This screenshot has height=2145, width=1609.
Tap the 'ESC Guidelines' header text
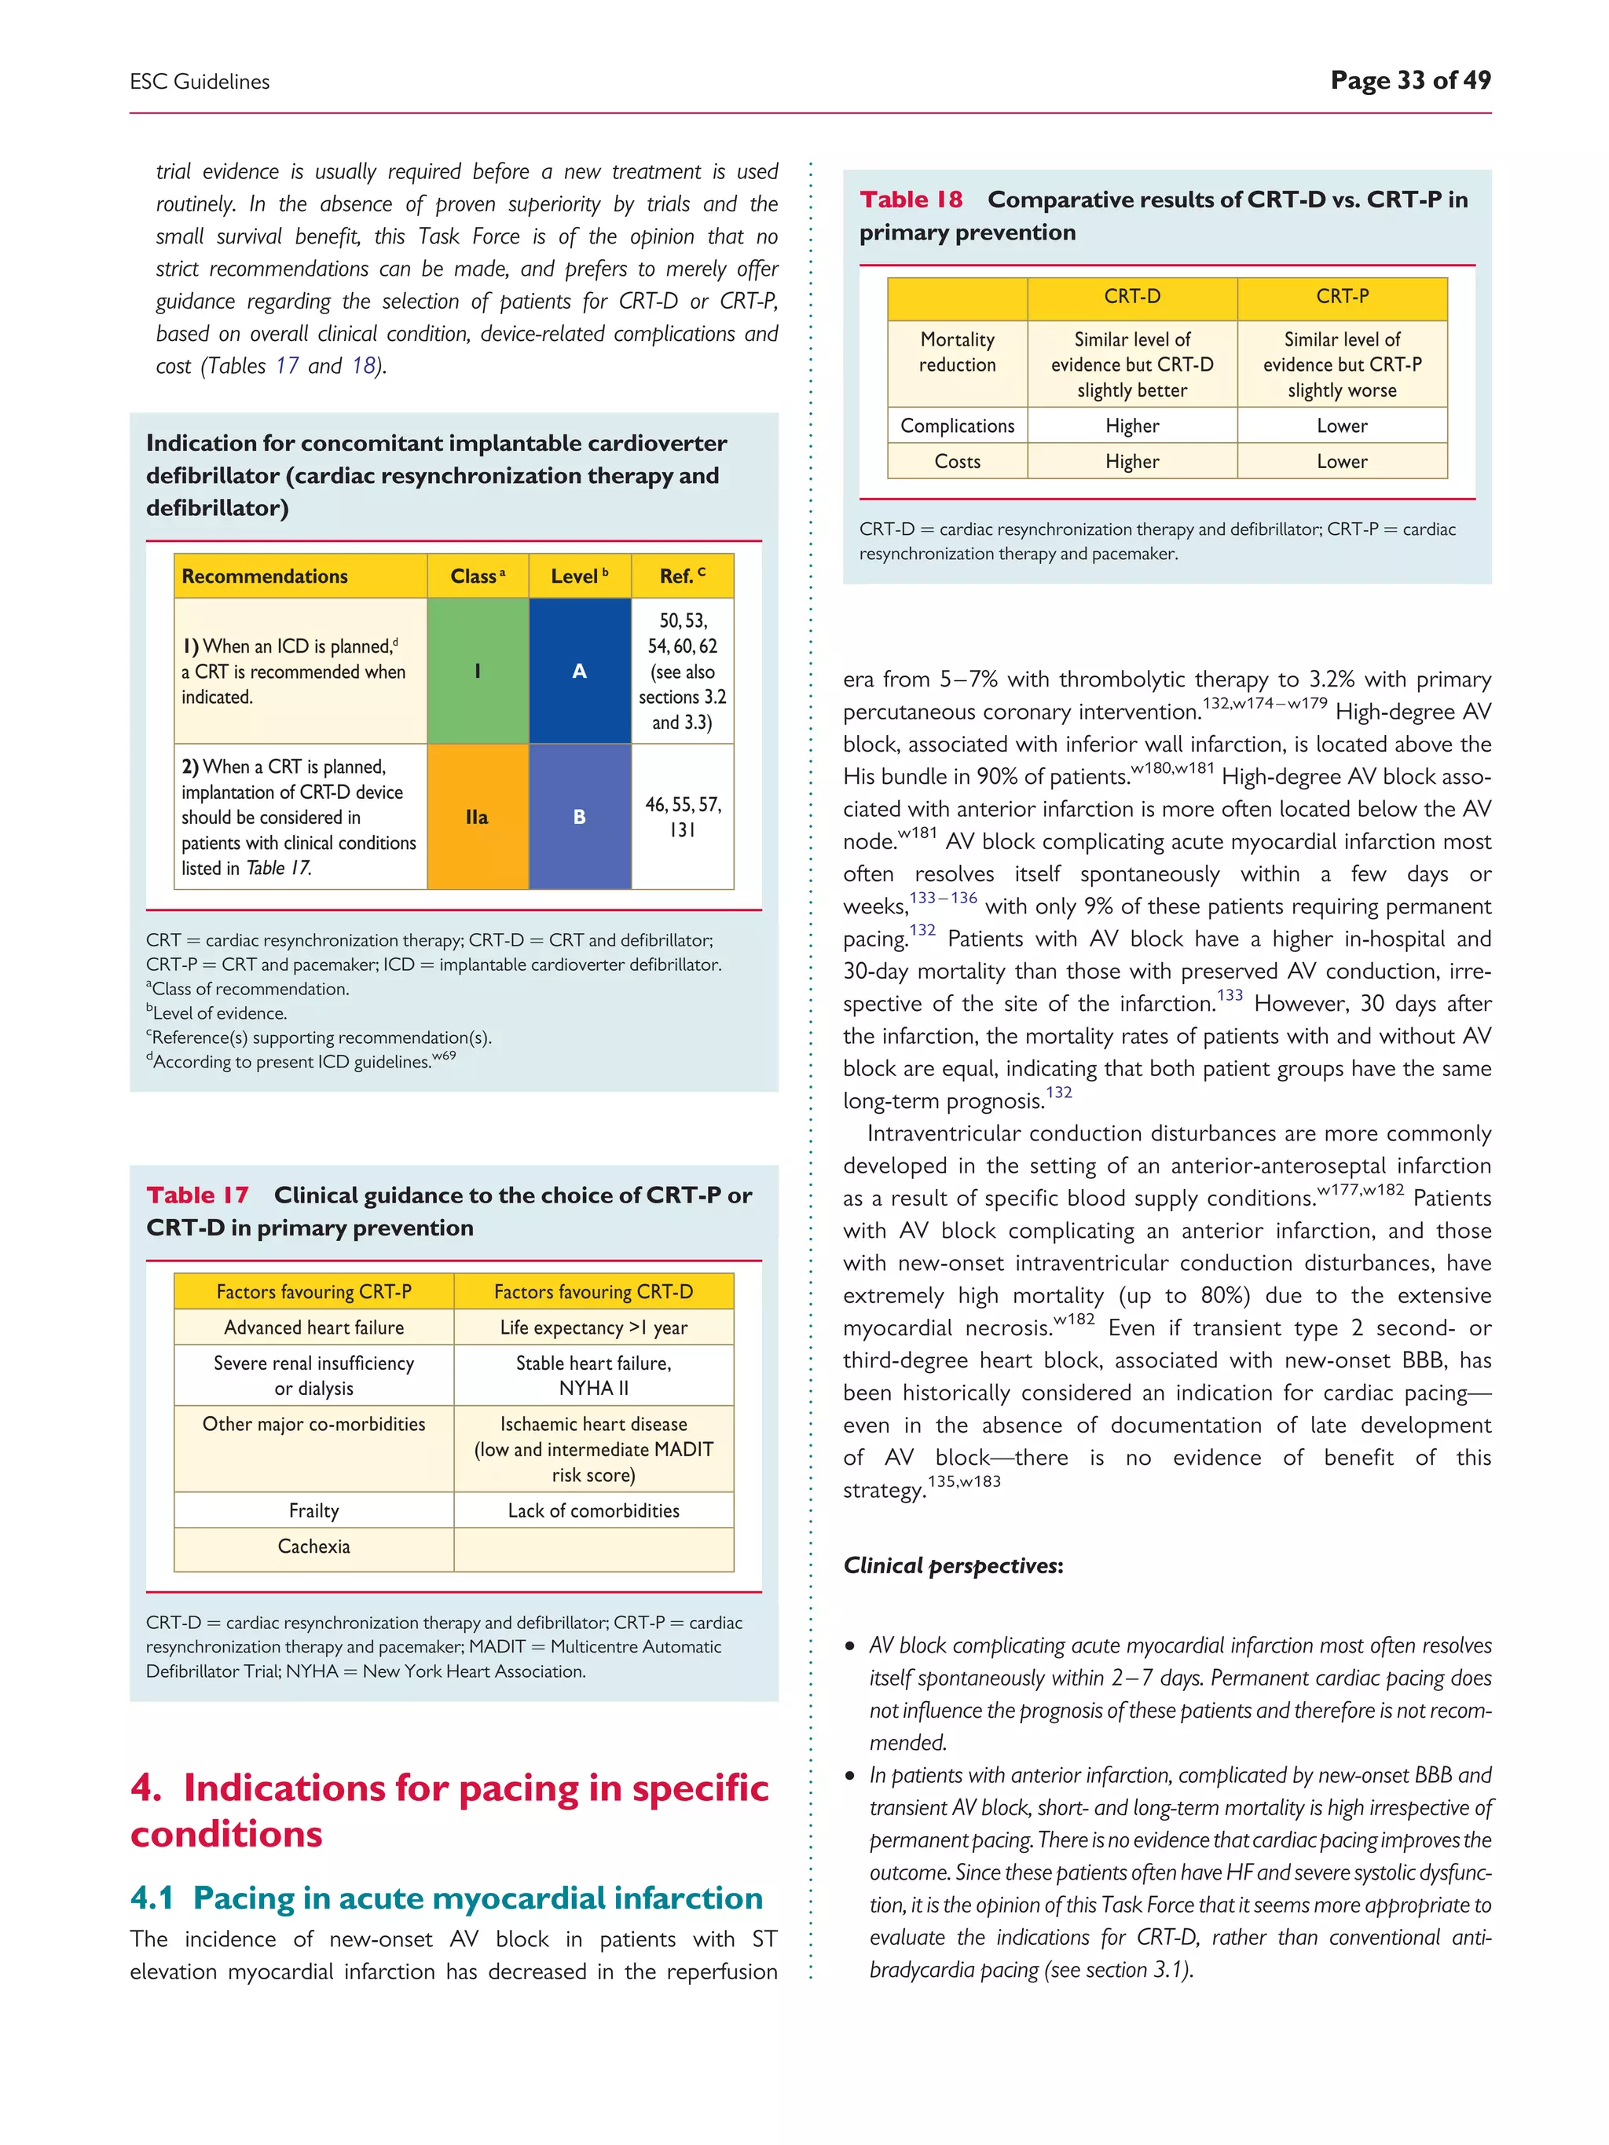(x=200, y=82)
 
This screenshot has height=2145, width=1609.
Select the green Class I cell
(x=477, y=670)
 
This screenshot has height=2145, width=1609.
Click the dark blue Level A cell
(x=579, y=670)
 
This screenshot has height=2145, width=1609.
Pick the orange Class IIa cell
(x=477, y=817)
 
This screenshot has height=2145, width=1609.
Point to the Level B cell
(x=579, y=817)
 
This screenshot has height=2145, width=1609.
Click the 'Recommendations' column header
(x=265, y=576)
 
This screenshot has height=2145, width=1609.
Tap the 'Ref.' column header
(x=682, y=576)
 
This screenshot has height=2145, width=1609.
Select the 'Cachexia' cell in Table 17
(x=313, y=1546)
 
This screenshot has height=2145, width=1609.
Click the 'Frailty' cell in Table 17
(x=313, y=1510)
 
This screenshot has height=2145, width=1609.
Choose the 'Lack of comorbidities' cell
(x=594, y=1510)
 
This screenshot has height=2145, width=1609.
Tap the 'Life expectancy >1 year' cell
(x=594, y=1327)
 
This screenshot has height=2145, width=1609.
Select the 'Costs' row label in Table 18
(x=957, y=462)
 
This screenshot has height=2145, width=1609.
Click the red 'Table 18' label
(x=911, y=199)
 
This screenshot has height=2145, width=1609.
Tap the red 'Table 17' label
(x=197, y=1195)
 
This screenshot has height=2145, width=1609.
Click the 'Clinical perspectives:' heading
(x=952, y=1565)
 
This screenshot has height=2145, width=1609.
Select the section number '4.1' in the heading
(x=152, y=1898)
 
